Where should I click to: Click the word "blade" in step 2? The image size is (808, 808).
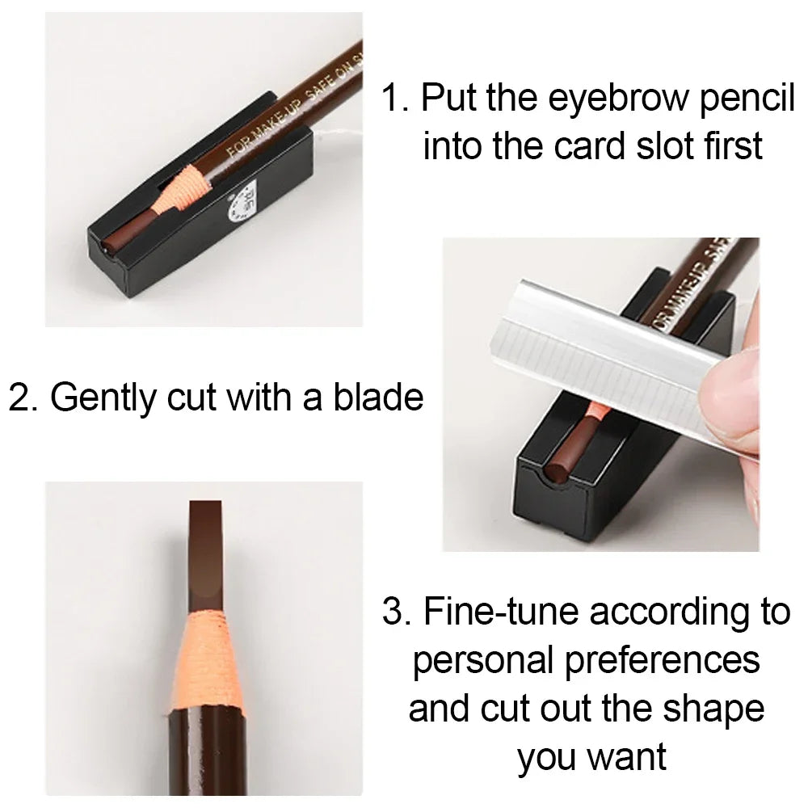pos(378,398)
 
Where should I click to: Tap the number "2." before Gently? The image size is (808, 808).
pos(24,398)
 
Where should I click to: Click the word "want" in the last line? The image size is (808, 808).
pos(627,757)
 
